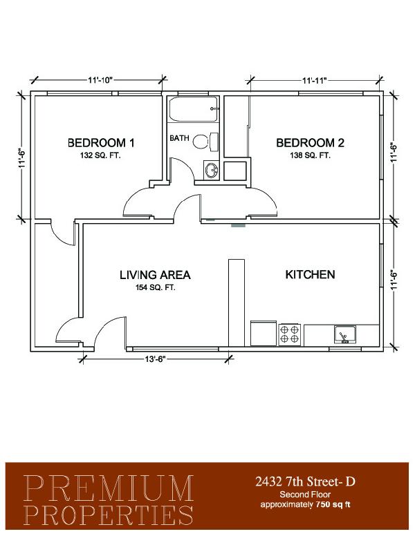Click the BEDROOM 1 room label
coord(101,142)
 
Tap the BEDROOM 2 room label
coord(310,142)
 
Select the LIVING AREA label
coord(155,275)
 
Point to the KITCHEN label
coord(311,274)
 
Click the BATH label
coord(179,138)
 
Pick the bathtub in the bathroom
coord(194,109)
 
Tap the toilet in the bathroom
coord(205,142)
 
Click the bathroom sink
coord(211,170)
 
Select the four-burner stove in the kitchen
coord(289,335)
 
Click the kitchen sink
coord(345,334)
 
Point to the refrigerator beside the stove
coord(264,334)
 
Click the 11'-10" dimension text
coord(100,80)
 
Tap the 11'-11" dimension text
coord(315,80)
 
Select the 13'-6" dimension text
coord(155,359)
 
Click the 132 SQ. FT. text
coord(101,155)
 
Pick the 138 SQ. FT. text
coord(311,155)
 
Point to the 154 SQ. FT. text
coord(156,287)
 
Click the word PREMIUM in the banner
coord(109,488)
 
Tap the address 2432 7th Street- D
coord(305,481)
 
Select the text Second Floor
coord(305,495)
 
